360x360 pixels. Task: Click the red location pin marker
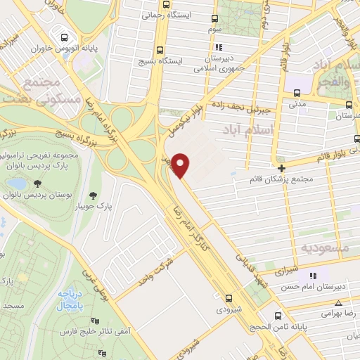[x=181, y=165]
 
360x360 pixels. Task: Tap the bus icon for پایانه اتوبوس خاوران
[x=65, y=38]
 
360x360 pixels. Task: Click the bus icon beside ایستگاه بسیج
[x=161, y=50]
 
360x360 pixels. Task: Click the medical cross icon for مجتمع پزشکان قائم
[x=282, y=168]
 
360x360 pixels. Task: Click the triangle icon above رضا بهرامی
[x=338, y=303]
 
